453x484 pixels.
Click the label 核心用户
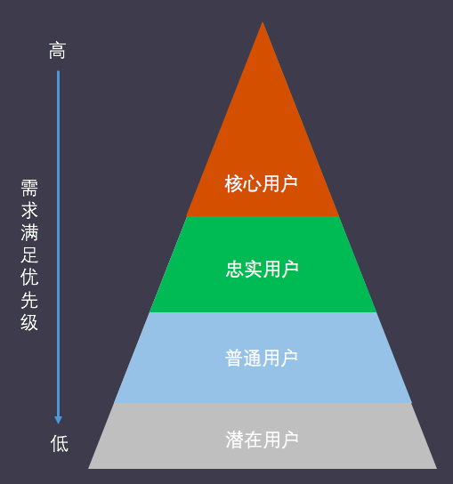pyautogui.click(x=262, y=183)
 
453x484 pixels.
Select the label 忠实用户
pyautogui.click(x=262, y=270)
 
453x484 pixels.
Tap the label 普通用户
pyautogui.click(x=262, y=358)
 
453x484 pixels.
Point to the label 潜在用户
pyautogui.click(x=262, y=440)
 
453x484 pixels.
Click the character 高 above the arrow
pyautogui.click(x=57, y=51)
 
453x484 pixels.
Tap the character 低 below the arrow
pyautogui.click(x=60, y=444)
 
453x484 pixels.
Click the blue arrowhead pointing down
pyautogui.click(x=59, y=420)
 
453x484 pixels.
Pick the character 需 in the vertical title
pyautogui.click(x=29, y=188)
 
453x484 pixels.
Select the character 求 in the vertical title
pyautogui.click(x=29, y=210)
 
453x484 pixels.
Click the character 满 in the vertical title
pyautogui.click(x=29, y=232)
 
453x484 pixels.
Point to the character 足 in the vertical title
pyautogui.click(x=29, y=255)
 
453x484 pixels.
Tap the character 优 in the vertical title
pyautogui.click(x=29, y=278)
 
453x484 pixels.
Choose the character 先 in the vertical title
pyautogui.click(x=29, y=300)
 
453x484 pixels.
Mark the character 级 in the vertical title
pyautogui.click(x=29, y=322)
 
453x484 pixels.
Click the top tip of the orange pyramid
pyautogui.click(x=263, y=22)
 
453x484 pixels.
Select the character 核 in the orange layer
pyautogui.click(x=234, y=183)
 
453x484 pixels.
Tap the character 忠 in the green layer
pyautogui.click(x=234, y=270)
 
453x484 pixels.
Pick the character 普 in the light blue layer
pyautogui.click(x=234, y=358)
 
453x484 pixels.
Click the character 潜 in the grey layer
pyautogui.click(x=234, y=440)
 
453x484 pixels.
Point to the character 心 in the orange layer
pyautogui.click(x=252, y=183)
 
